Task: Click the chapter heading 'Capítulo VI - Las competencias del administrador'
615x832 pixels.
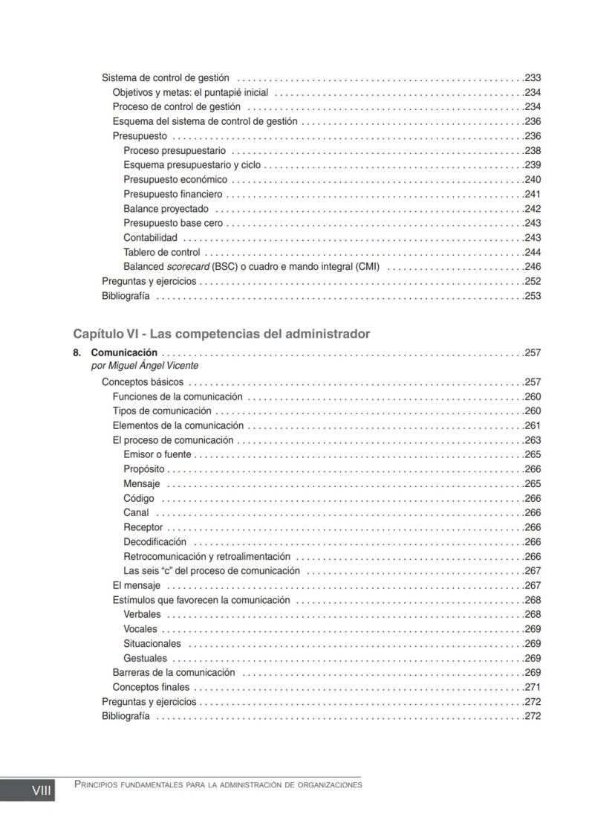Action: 221,334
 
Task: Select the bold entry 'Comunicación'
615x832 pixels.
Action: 124,352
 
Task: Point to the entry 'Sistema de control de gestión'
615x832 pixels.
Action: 165,77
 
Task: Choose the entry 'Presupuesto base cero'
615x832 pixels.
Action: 173,223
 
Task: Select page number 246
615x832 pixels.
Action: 533,267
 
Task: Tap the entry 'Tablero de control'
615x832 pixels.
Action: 161,252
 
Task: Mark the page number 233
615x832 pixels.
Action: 533,77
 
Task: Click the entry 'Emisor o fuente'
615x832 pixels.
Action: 157,454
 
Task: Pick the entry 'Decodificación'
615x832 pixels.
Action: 154,542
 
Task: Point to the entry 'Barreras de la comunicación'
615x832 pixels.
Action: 173,673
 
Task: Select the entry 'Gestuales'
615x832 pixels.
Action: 145,658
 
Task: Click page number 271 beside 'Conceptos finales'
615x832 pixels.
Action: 533,687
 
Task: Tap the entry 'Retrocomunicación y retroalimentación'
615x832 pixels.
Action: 206,556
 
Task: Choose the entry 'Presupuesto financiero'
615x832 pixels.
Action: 172,194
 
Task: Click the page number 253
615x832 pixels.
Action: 533,296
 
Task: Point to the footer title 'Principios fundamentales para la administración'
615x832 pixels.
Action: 218,785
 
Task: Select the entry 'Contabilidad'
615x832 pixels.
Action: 150,238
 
